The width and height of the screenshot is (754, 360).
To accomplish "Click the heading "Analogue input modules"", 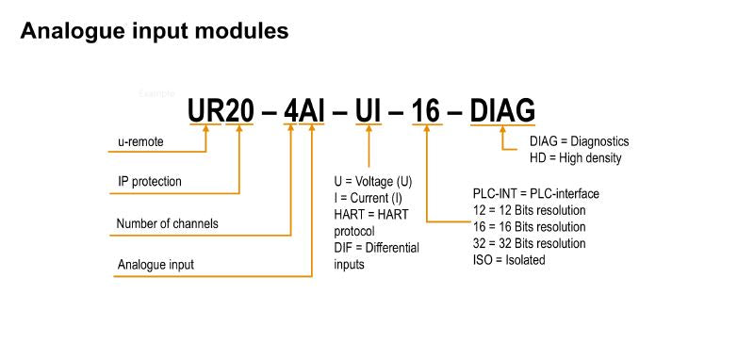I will [x=154, y=31].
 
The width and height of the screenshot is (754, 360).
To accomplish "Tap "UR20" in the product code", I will [x=221, y=110].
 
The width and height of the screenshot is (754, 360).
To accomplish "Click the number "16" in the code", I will [x=426, y=110].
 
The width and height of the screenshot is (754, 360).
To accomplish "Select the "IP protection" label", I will [x=150, y=180].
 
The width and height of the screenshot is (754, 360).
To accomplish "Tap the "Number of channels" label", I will [x=167, y=224].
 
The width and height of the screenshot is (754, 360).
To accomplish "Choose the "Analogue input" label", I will [x=156, y=265].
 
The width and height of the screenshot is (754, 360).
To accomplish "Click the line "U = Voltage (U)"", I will [x=373, y=181].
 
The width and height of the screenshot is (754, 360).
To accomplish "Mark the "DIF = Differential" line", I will [x=376, y=248].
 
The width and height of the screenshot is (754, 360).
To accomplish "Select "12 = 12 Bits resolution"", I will [x=529, y=210].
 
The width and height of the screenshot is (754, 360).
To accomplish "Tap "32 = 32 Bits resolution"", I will [x=529, y=243].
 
